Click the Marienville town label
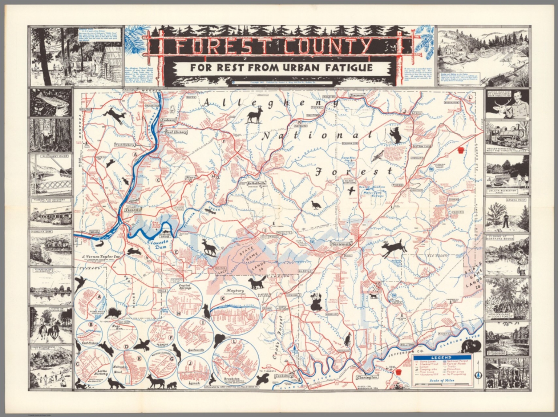coord(343,244)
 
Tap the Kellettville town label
coord(256,183)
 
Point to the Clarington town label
coord(365,377)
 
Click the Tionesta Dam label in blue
coord(158,246)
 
